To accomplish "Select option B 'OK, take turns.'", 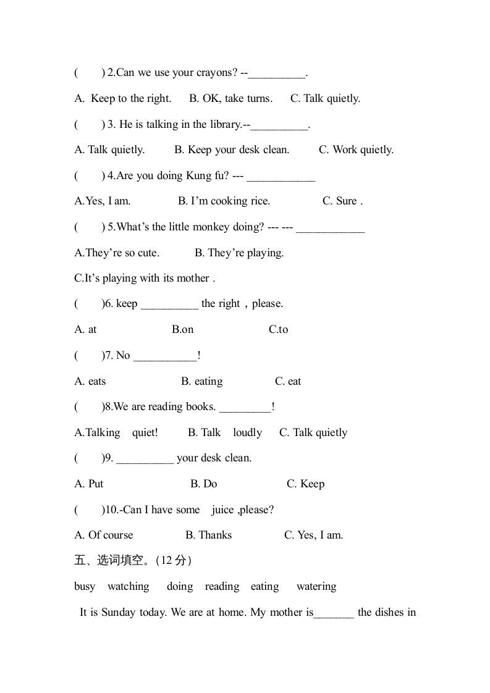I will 230,99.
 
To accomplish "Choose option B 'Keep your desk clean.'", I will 232,150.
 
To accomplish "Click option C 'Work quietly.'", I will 356,150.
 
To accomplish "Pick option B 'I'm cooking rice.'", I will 224,201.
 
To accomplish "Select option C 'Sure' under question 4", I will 342,201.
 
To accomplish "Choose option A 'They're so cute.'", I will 117,253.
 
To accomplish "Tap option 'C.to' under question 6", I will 278,330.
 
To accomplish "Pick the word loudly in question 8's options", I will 247,433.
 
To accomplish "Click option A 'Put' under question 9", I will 89,484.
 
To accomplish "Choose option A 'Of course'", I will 103,535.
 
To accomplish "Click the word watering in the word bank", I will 316,587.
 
